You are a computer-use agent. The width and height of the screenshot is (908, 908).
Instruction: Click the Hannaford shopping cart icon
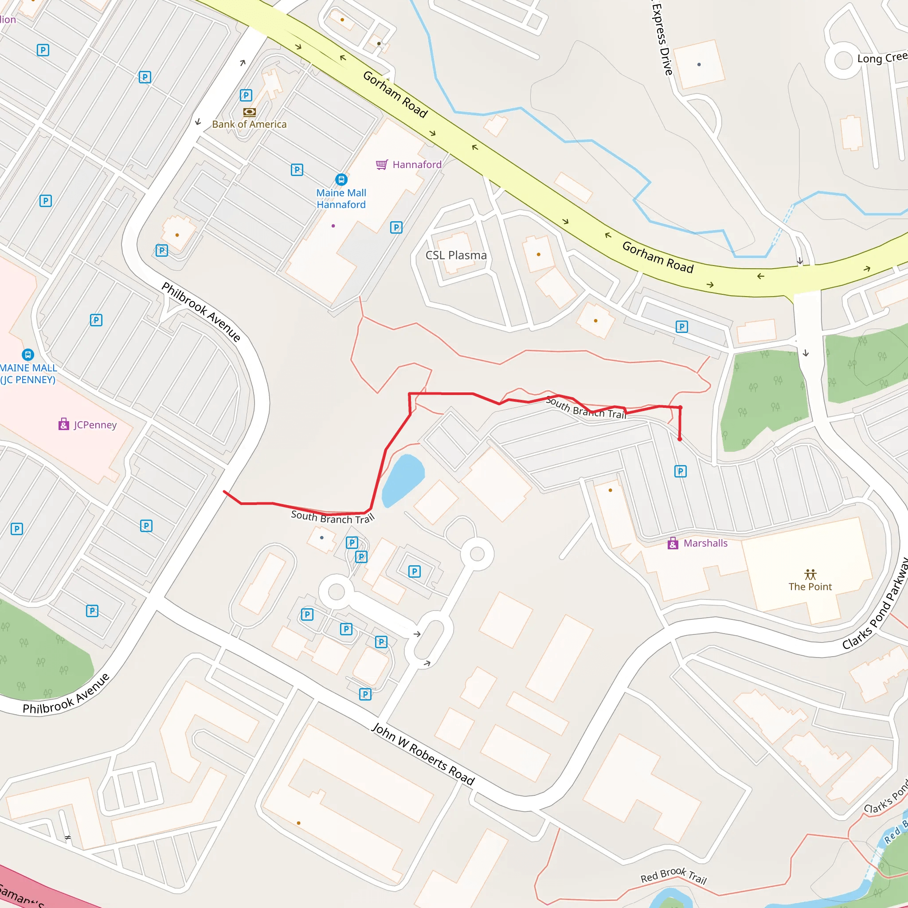[x=382, y=164]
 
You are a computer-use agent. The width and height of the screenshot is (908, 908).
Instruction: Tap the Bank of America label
[x=249, y=125]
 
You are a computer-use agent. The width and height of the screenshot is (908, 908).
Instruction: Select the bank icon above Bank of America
[x=250, y=112]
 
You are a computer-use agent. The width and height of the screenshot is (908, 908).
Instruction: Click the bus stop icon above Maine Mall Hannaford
[x=341, y=180]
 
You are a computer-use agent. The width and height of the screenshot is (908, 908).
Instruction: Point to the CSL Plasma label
[x=456, y=255]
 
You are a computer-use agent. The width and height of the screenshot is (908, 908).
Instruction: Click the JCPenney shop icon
[x=64, y=424]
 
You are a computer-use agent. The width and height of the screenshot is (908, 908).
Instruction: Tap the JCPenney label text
[x=95, y=425]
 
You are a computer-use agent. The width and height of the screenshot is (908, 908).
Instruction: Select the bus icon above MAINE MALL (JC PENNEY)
[x=28, y=354]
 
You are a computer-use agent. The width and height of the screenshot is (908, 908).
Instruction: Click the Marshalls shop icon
[x=673, y=544]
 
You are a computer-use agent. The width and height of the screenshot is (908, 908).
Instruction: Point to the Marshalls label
[x=705, y=543]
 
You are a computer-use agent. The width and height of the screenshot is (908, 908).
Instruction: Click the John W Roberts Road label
[x=423, y=757]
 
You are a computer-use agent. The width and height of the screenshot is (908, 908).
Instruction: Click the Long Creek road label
[x=882, y=58]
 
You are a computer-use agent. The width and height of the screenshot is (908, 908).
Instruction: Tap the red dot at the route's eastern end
[x=680, y=439]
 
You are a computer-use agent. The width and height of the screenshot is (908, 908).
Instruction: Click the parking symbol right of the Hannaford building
[x=396, y=227]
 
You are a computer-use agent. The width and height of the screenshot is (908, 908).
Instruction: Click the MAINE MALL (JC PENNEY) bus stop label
[x=28, y=374]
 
